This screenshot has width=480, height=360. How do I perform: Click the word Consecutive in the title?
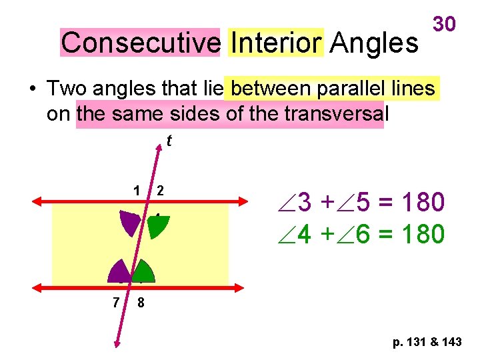[140, 43]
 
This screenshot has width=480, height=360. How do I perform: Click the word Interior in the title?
[275, 43]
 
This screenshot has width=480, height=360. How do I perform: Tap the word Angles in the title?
[374, 43]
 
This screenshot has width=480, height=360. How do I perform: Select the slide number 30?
[445, 24]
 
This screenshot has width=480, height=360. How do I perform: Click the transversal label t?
[169, 141]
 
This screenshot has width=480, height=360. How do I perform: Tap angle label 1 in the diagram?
[137, 191]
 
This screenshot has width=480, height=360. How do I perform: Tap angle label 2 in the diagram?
[160, 191]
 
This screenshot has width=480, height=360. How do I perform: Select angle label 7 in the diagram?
[116, 302]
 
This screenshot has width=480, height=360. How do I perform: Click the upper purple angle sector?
[132, 223]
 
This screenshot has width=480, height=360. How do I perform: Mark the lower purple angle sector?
[120, 271]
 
